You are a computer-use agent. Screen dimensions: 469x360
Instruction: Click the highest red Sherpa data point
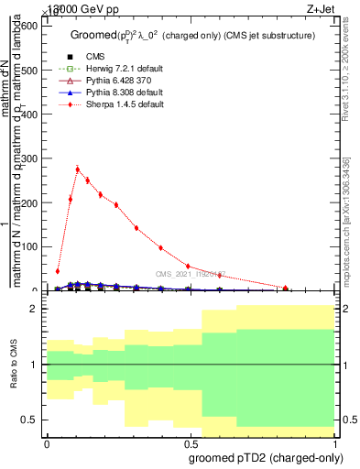tap(78, 169)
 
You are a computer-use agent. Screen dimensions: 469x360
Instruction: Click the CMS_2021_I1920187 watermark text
tap(189, 273)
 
